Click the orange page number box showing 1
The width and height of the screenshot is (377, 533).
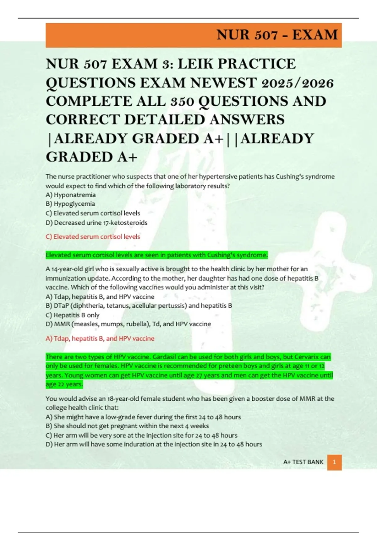(334, 462)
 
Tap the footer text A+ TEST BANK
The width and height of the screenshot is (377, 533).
(303, 462)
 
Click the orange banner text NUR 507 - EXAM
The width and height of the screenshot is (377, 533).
(277, 35)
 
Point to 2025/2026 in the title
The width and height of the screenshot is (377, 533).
(297, 83)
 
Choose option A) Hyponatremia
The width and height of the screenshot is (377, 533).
(71, 195)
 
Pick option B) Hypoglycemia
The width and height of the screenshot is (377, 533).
(70, 204)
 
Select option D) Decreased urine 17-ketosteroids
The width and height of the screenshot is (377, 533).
(96, 223)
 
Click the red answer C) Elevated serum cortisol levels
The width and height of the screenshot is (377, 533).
(93, 237)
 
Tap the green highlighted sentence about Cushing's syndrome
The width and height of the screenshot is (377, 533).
(156, 255)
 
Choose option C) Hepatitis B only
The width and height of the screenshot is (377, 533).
(73, 315)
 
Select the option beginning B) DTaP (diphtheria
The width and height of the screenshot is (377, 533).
(139, 305)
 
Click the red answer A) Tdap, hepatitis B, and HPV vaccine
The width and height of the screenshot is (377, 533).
(100, 339)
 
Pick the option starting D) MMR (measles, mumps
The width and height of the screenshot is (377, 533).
(128, 324)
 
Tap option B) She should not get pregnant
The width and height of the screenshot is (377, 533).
(127, 426)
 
